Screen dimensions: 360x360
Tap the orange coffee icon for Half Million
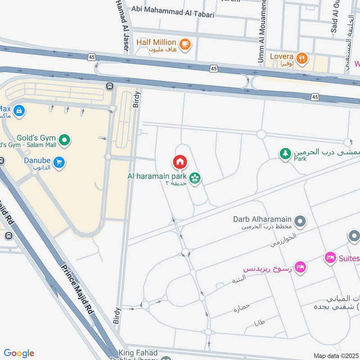tap(184, 44)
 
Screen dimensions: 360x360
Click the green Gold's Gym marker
tap(65, 141)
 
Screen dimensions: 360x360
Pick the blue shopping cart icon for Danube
tap(58, 162)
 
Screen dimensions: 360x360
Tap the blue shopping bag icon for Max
tap(18, 110)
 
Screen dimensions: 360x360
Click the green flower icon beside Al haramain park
tap(195, 179)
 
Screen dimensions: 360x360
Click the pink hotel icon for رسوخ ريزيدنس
tap(301, 267)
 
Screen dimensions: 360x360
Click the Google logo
tap(19, 353)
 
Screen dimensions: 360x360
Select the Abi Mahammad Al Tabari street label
tap(172, 14)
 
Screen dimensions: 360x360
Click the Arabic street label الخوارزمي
tap(283, 240)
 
